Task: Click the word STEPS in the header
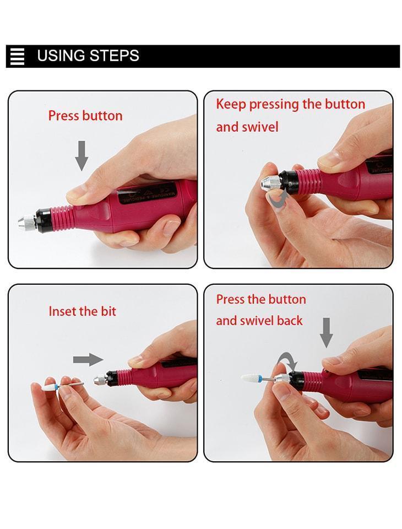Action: tap(115, 56)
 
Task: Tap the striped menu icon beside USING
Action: tap(18, 56)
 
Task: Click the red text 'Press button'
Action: tap(85, 116)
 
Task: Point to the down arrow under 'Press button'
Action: tap(82, 155)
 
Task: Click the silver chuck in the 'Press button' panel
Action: tap(28, 222)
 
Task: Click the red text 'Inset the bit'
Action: tap(82, 311)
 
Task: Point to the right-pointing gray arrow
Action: tap(88, 359)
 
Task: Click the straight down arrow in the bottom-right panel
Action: tap(326, 333)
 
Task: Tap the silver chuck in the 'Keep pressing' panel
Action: tap(270, 182)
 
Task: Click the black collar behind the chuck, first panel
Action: tap(44, 220)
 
